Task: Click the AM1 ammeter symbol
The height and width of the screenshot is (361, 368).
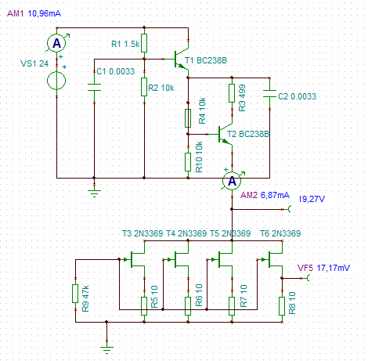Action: pos(56,43)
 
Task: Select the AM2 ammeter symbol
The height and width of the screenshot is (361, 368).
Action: pos(232,181)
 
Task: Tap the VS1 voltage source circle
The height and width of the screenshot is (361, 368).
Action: pos(56,81)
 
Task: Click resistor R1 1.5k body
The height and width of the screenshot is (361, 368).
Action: pos(144,43)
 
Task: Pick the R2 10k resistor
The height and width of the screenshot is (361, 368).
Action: pos(144,87)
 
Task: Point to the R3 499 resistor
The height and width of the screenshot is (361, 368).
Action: pos(232,93)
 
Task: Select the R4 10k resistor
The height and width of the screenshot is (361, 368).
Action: pos(188,118)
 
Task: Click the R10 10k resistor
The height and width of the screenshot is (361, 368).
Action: pos(188,162)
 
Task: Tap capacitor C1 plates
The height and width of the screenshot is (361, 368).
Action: pos(94,87)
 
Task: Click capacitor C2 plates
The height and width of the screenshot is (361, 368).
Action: pos(269,93)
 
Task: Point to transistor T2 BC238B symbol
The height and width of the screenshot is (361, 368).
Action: pos(225,134)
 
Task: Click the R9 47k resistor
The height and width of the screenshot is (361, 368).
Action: pos(75,294)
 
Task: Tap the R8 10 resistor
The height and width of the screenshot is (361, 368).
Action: pos(282,306)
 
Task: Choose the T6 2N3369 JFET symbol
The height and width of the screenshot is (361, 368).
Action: pos(274,259)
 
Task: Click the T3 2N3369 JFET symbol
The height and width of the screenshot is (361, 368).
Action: pos(136,259)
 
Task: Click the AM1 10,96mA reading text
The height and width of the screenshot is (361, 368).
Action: pos(44,13)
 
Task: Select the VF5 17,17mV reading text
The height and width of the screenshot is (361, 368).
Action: pos(333,268)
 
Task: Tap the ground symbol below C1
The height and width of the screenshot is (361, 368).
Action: pos(94,193)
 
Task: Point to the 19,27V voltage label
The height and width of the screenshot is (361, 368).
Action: pos(312,199)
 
